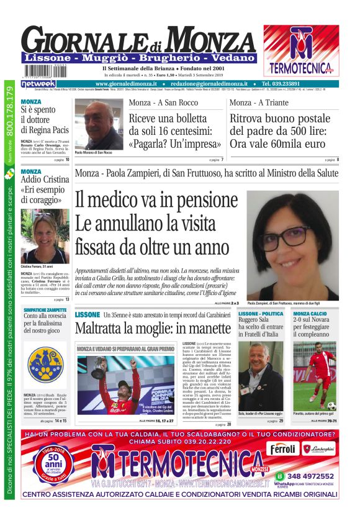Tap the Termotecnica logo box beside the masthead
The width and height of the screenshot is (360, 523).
[x=300, y=50]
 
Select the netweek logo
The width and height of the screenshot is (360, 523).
[x=38, y=83]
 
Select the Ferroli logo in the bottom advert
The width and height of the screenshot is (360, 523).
[x=284, y=448]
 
